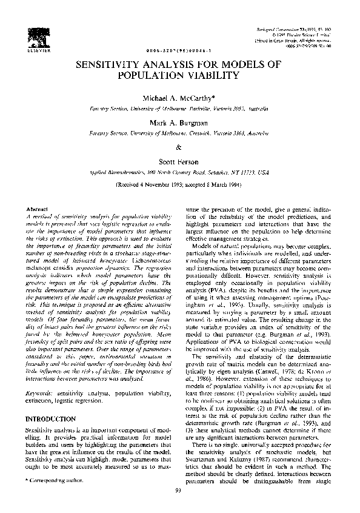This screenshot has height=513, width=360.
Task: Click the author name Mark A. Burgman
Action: click(x=178, y=122)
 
